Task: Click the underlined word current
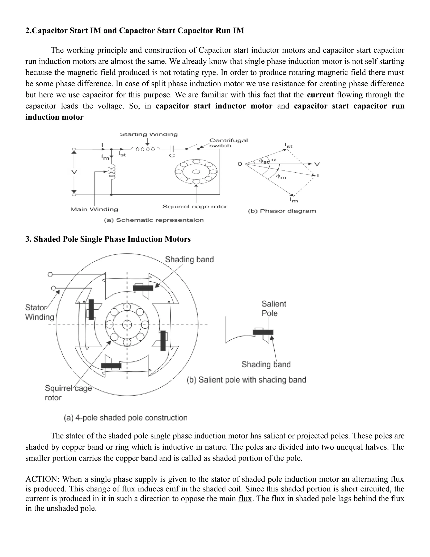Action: tap(320, 95)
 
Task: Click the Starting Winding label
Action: tap(149, 134)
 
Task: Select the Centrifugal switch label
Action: tap(228, 143)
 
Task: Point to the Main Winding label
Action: tap(94, 209)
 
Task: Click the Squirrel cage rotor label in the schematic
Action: tap(195, 207)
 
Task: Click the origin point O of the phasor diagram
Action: tap(240, 164)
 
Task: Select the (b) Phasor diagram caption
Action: tap(282, 211)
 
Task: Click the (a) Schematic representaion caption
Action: tap(154, 220)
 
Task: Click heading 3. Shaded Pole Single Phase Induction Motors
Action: tap(108, 239)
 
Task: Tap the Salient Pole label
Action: tap(274, 308)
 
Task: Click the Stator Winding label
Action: tap(39, 312)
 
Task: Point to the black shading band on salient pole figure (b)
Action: tap(263, 332)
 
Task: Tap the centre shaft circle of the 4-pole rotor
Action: tap(127, 325)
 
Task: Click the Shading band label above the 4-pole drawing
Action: tap(189, 260)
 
